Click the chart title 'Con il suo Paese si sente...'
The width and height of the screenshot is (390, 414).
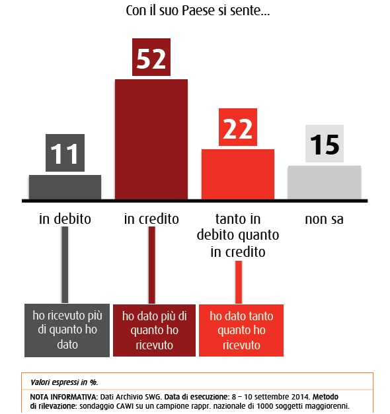click(198, 11)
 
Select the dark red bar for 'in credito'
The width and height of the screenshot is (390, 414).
click(151, 139)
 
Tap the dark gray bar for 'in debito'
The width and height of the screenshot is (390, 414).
click(65, 188)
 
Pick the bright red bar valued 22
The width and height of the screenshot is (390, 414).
click(238, 174)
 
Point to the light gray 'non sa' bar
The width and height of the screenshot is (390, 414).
click(325, 182)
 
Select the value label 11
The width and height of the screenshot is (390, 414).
click(65, 153)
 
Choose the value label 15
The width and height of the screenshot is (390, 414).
click(325, 144)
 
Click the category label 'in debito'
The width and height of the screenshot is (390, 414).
click(65, 219)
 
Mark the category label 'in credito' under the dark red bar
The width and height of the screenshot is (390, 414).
click(151, 219)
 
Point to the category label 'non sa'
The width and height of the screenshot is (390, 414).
click(325, 219)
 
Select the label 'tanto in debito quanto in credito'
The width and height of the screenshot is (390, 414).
click(238, 235)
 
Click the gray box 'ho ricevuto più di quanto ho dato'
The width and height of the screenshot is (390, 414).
click(67, 330)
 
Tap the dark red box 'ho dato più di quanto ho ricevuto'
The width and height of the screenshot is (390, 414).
click(155, 330)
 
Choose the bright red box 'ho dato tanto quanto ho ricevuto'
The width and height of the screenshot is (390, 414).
click(241, 330)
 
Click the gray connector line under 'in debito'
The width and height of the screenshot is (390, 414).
click(65, 265)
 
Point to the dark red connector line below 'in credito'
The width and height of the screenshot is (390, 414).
click(152, 265)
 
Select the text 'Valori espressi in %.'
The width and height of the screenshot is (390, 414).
click(64, 382)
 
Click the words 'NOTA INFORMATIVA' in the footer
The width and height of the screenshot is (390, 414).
click(63, 397)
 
